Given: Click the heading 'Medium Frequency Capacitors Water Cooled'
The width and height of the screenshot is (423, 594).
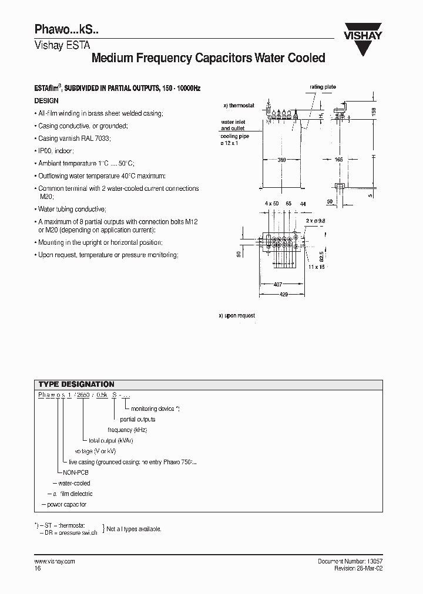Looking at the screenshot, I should coord(208,58).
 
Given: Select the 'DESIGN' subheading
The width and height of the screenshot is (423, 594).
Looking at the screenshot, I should coord(46,100).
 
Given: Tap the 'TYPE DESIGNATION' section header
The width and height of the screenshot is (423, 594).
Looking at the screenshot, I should coord(76,384).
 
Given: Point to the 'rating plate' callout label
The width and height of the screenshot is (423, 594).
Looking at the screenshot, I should coord(323,87).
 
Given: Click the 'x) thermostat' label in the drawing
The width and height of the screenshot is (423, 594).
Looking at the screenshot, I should coord(239,106).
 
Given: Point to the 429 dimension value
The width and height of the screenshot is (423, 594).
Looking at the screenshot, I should coord(284,295).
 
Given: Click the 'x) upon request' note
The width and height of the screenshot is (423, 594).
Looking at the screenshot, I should coord(237,316).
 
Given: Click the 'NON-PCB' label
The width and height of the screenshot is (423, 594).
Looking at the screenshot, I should coord(75,472).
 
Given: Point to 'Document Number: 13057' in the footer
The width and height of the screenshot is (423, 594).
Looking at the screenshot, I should coord(350,561).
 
